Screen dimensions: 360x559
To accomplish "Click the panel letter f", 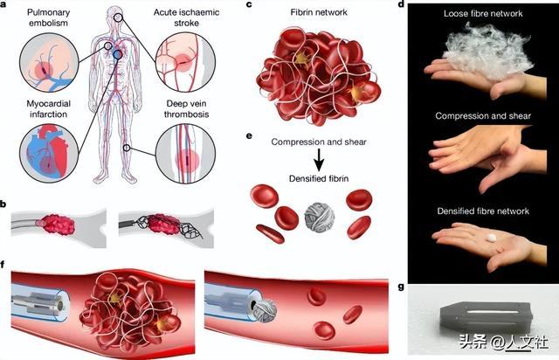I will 6,261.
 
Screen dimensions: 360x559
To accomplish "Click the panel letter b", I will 6,204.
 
